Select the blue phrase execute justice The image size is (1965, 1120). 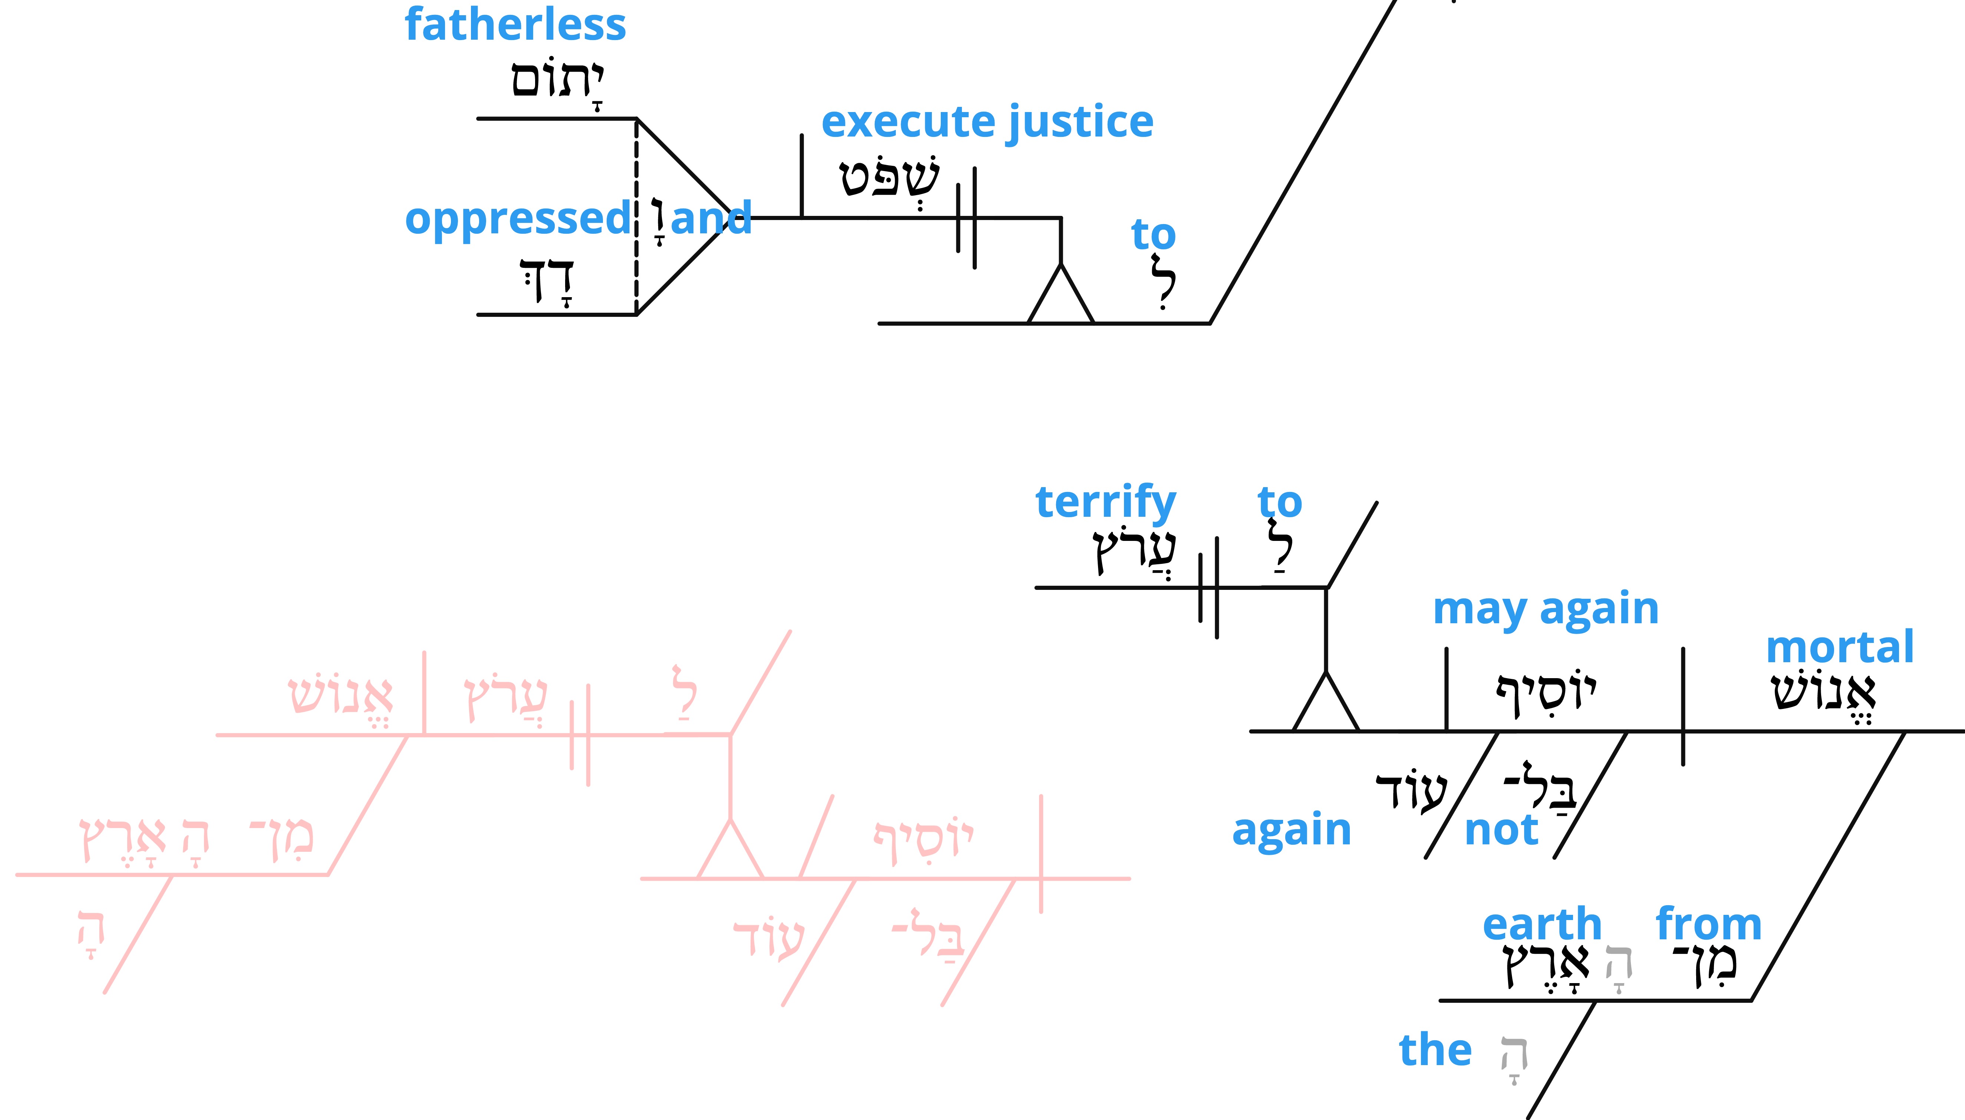pyautogui.click(x=987, y=123)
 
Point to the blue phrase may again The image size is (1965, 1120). pyautogui.click(x=1546, y=610)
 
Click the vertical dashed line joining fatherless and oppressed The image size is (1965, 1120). pyautogui.click(x=637, y=216)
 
